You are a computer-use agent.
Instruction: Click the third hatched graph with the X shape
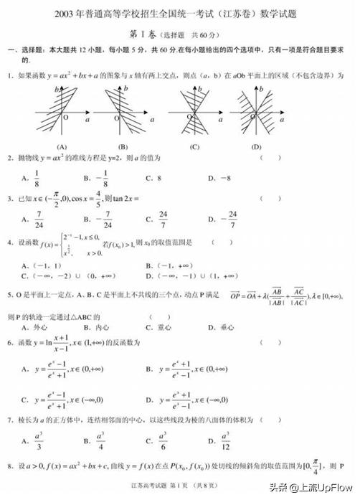click(194, 113)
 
